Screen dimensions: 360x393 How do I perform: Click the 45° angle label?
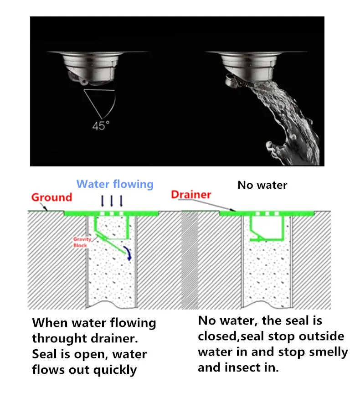(x=101, y=125)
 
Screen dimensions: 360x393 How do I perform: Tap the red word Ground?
(x=52, y=197)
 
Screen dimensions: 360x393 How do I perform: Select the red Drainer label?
(x=191, y=195)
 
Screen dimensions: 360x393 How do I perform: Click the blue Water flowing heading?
(x=115, y=184)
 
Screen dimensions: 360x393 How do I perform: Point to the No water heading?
(x=262, y=185)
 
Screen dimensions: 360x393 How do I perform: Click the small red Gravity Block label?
(x=82, y=242)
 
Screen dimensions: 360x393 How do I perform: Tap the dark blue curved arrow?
(x=128, y=253)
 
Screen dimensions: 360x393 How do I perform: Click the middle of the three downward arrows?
(x=112, y=201)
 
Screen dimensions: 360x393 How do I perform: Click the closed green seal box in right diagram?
(x=267, y=228)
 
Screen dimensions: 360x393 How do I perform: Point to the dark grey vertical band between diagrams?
(x=190, y=260)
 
